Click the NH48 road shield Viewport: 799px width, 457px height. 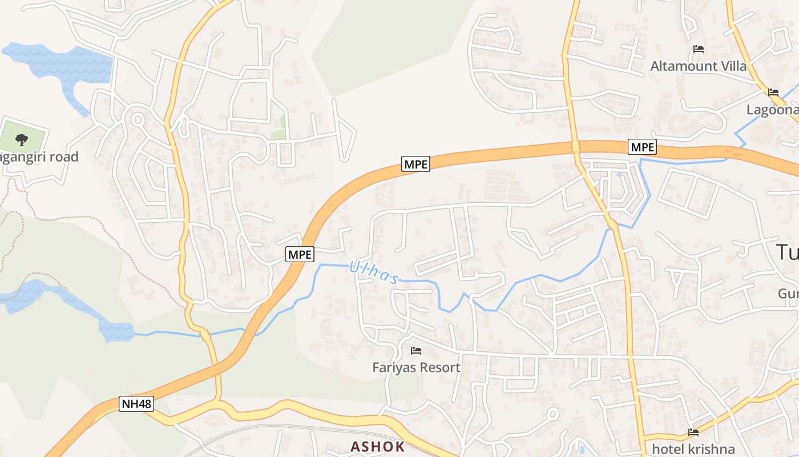pyautogui.click(x=137, y=404)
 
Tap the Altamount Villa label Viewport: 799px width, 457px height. pyautogui.click(x=698, y=66)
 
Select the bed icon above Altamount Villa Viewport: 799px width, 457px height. pyautogui.click(x=698, y=49)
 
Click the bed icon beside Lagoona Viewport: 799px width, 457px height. pyautogui.click(x=773, y=92)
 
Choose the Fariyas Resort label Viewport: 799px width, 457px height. pyautogui.click(x=416, y=367)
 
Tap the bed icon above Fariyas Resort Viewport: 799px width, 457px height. pyautogui.click(x=416, y=350)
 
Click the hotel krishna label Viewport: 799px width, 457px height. pyautogui.click(x=693, y=449)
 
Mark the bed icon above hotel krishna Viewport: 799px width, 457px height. pyautogui.click(x=693, y=432)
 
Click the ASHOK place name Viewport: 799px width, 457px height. pyautogui.click(x=377, y=447)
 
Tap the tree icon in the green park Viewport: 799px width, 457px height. pyautogui.click(x=22, y=138)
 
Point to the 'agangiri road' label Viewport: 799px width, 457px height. pyautogui.click(x=39, y=157)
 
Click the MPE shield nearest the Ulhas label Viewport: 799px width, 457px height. pyautogui.click(x=300, y=254)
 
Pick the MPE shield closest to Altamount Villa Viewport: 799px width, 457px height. pyautogui.click(x=642, y=147)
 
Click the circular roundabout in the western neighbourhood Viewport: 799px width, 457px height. pyautogui.click(x=138, y=119)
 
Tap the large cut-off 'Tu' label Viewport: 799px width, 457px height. pyautogui.click(x=787, y=252)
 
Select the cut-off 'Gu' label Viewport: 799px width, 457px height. pyautogui.click(x=788, y=294)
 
